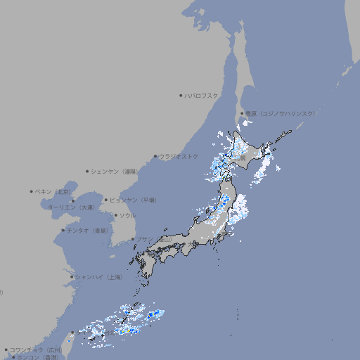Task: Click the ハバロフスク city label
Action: (202, 95)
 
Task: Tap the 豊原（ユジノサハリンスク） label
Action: (281, 113)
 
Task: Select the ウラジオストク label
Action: (179, 156)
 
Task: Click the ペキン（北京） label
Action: (53, 191)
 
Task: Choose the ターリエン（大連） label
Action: (71, 207)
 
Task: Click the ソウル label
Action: (127, 215)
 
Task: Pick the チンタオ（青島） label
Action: (87, 230)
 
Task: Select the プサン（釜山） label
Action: (154, 239)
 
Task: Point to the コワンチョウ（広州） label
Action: (36, 349)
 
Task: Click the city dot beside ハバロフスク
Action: (181, 95)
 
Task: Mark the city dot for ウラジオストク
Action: (155, 156)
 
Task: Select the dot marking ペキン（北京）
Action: (32, 191)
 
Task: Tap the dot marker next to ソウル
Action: (115, 215)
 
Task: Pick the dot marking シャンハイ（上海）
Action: (72, 277)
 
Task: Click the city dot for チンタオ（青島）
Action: (63, 230)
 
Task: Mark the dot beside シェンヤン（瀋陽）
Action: (88, 171)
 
